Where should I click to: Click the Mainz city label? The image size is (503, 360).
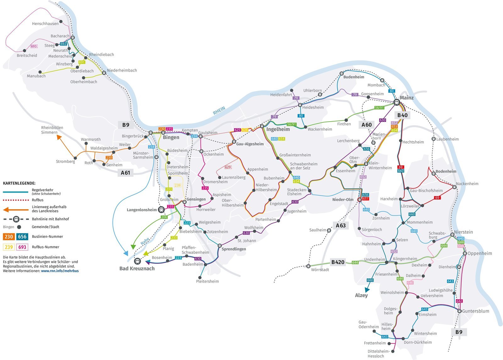(x=406, y=98)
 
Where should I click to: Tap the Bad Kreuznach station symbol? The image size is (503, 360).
(x=137, y=261)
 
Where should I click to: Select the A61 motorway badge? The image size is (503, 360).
(x=125, y=172)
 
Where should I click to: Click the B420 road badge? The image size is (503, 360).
(x=338, y=262)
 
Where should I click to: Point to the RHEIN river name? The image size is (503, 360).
(x=219, y=111)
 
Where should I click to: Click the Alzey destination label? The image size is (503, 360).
(x=361, y=295)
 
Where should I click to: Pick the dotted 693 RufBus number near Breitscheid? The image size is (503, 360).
(x=34, y=46)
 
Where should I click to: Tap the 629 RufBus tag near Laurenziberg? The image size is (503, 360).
(x=228, y=167)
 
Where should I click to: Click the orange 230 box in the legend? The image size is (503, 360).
(x=9, y=237)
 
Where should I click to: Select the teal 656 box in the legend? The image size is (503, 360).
(x=22, y=237)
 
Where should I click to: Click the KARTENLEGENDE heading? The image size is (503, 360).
(x=19, y=183)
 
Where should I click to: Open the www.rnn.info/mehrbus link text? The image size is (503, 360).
(x=60, y=270)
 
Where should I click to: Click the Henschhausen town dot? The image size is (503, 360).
(x=61, y=22)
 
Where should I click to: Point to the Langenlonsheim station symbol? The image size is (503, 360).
(x=161, y=210)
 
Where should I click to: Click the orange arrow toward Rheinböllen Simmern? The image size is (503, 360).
(x=59, y=137)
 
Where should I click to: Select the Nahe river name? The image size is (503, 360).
(x=145, y=241)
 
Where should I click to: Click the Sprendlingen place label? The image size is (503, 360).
(x=234, y=249)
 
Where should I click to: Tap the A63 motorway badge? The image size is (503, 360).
(x=340, y=225)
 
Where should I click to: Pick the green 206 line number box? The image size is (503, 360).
(x=164, y=217)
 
